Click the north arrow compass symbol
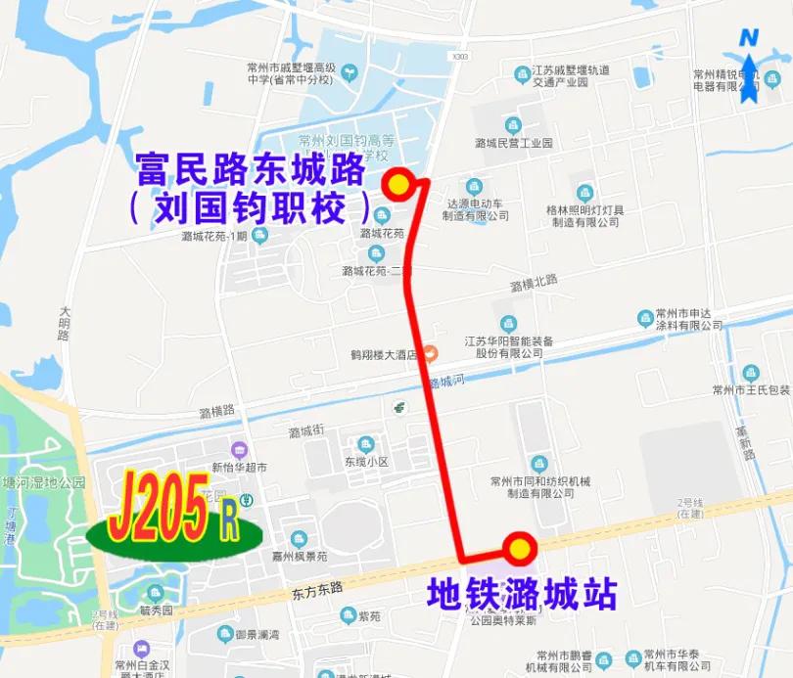point(749,68)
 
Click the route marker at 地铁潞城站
point(518,549)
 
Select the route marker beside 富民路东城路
point(398,184)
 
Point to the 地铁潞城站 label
point(522,594)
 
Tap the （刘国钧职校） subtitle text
point(251,207)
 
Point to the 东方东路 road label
point(317,589)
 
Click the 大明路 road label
point(65,322)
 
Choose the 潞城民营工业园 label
point(514,143)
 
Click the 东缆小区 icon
point(366,445)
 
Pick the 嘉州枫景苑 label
point(300,556)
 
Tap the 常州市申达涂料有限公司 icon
point(646,318)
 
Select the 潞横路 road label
point(216,411)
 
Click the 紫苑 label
point(369,615)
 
